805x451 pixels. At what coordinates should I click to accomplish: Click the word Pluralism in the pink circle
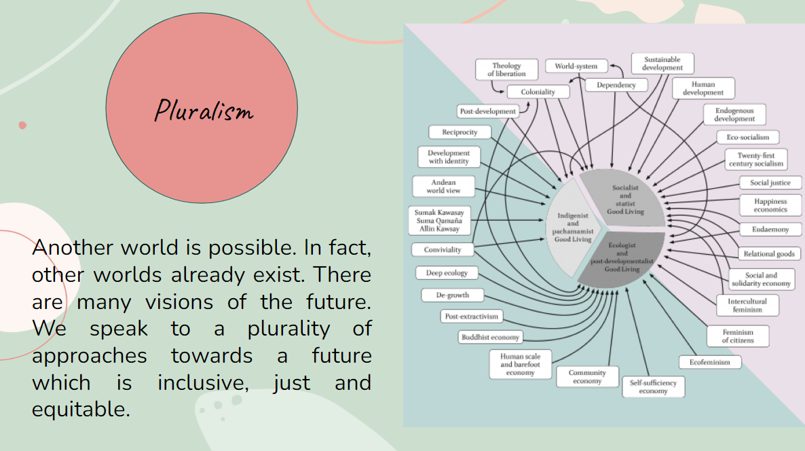pos(204,110)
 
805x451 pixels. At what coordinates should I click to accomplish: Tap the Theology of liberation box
pos(506,69)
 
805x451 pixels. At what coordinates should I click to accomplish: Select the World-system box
pos(576,66)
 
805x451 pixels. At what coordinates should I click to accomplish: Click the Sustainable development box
pos(662,63)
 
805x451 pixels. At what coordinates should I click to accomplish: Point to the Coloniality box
pos(538,92)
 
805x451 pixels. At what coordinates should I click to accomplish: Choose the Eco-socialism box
pos(747,137)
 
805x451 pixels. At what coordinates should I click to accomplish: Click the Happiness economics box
pos(770,206)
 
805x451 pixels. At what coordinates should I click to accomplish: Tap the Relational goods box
pos(769,254)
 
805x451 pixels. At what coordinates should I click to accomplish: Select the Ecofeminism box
pos(709,362)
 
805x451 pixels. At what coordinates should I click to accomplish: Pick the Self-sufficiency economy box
pos(653,386)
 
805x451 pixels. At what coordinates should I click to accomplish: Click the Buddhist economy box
pos(490,338)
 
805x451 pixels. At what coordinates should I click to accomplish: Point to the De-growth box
pos(452,295)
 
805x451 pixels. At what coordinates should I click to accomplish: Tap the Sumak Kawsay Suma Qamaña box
pos(439,220)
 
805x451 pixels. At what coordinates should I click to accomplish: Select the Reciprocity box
pos(460,132)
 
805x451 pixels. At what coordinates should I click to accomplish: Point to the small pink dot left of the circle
pos(22,126)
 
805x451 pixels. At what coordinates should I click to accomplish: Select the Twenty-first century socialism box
pos(755,159)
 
